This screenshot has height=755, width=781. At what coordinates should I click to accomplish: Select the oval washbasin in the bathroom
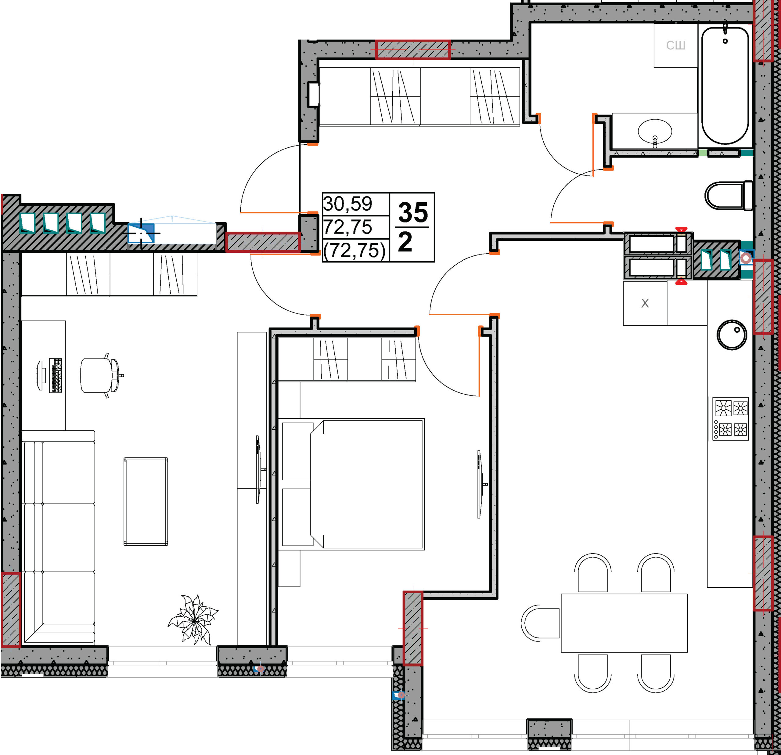pyautogui.click(x=655, y=131)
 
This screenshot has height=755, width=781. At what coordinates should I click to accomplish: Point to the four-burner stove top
pyautogui.click(x=730, y=419)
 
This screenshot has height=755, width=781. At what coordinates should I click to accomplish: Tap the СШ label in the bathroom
pyautogui.click(x=675, y=45)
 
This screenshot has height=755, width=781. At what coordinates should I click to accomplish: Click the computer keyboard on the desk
pyautogui.click(x=56, y=375)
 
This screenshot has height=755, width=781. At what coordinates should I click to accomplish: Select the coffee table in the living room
pyautogui.click(x=146, y=501)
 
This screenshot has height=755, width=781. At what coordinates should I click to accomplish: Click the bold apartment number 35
pyautogui.click(x=413, y=212)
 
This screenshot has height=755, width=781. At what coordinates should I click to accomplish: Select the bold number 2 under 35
pyautogui.click(x=405, y=242)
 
